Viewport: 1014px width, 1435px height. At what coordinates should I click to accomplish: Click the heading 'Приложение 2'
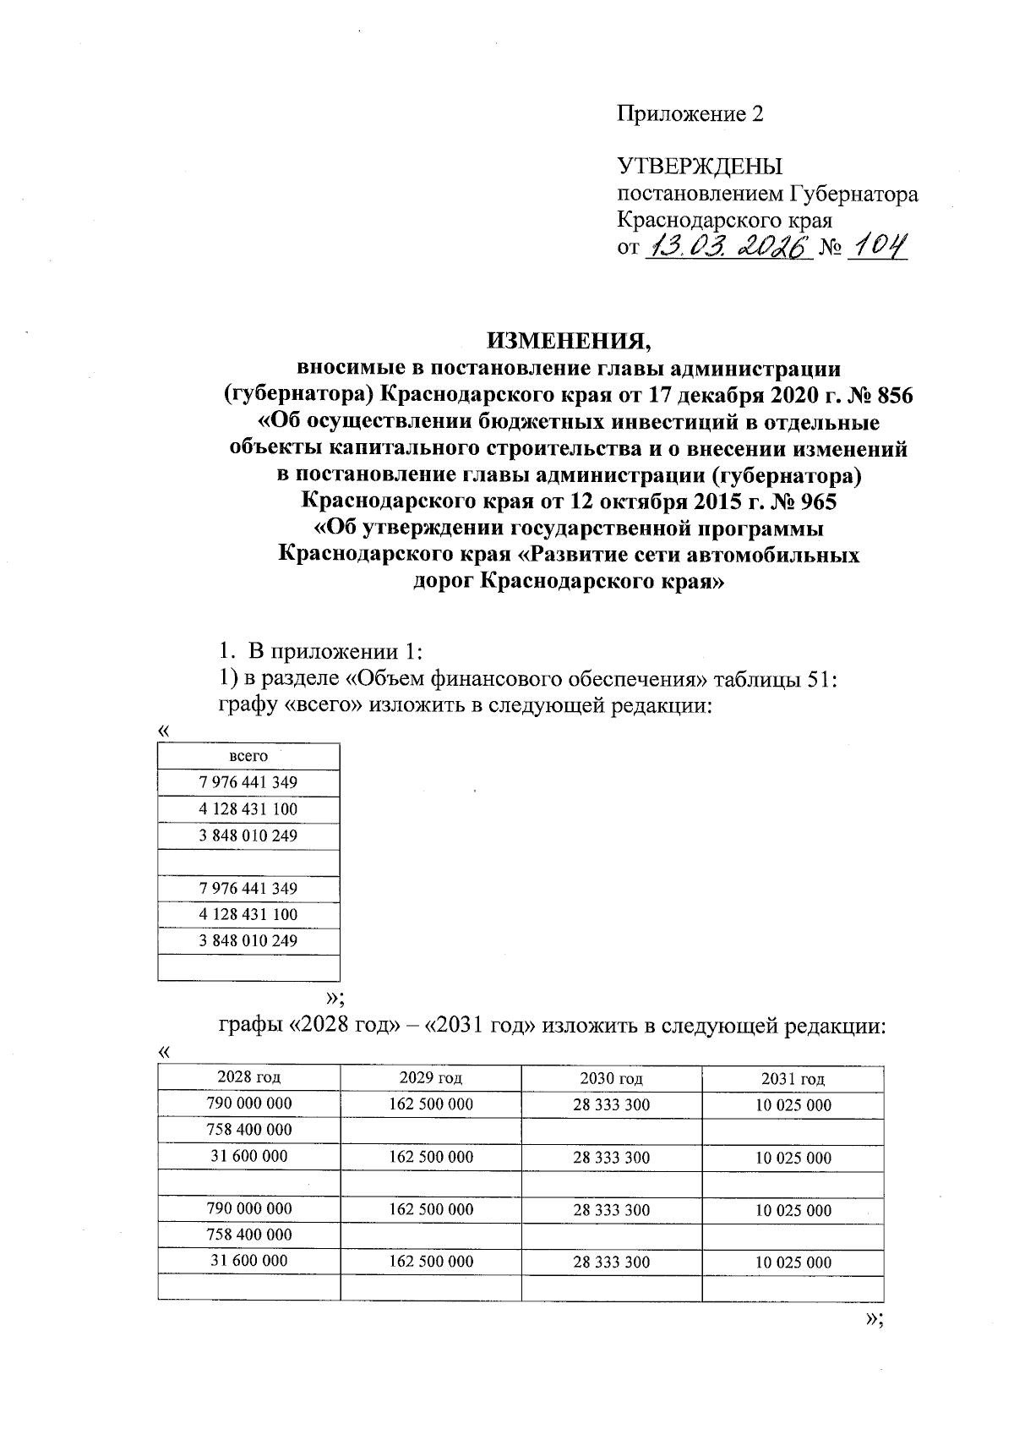click(x=690, y=114)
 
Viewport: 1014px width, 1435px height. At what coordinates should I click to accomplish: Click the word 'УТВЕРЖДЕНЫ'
click(x=700, y=167)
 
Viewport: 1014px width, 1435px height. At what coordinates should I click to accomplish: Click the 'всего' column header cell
click(x=248, y=756)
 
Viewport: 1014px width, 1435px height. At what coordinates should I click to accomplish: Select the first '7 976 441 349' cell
click(x=248, y=783)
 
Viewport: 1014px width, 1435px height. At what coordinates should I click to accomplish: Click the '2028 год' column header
click(x=248, y=1077)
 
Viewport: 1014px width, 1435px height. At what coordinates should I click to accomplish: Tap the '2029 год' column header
click(x=431, y=1077)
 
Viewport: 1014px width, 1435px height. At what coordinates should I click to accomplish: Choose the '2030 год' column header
click(x=612, y=1078)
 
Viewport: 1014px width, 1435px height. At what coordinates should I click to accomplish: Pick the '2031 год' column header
click(x=793, y=1078)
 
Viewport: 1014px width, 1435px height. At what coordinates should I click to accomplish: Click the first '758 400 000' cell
click(x=249, y=1131)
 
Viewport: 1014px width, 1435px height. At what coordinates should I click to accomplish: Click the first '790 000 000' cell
click(x=249, y=1104)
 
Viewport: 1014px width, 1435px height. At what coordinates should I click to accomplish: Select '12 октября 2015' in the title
click(x=667, y=501)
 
